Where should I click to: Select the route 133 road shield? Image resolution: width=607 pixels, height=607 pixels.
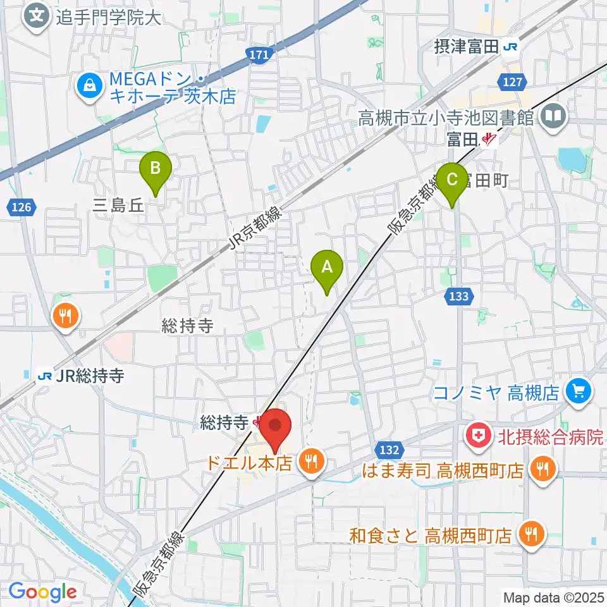[x=460, y=295]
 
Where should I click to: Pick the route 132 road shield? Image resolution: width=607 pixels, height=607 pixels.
[x=390, y=450]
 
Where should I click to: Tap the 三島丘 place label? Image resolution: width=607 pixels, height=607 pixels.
[x=120, y=205]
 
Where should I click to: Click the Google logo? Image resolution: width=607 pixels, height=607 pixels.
[x=42, y=592]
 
